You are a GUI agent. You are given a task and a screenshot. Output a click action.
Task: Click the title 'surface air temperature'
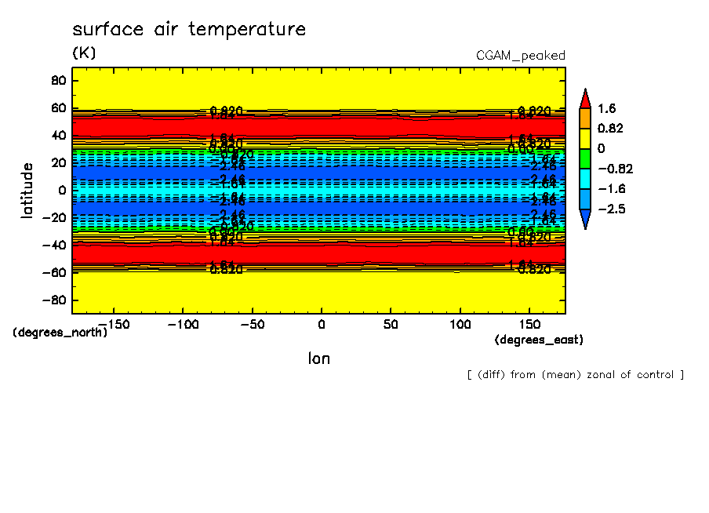click(188, 30)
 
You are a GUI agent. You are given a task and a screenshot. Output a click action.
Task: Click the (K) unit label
click(84, 53)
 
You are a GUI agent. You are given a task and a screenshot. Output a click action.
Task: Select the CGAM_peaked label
click(520, 56)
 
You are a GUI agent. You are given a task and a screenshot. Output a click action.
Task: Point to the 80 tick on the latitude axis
click(57, 80)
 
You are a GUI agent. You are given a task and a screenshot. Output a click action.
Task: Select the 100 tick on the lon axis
click(460, 323)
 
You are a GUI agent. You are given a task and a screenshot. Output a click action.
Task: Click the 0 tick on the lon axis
click(321, 323)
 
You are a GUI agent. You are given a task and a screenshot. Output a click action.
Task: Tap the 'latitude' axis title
click(27, 190)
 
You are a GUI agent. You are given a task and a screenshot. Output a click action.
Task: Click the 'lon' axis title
click(318, 358)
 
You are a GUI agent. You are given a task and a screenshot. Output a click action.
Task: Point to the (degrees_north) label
click(60, 332)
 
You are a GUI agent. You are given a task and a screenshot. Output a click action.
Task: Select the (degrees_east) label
click(539, 340)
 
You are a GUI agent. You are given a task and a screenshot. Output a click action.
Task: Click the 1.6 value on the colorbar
click(605, 108)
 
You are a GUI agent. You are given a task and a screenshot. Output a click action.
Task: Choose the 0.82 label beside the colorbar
click(609, 129)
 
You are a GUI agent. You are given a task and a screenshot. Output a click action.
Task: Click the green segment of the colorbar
click(585, 158)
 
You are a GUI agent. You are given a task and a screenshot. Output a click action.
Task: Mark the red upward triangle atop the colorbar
click(585, 98)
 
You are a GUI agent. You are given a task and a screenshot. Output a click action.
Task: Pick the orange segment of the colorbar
click(585, 118)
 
